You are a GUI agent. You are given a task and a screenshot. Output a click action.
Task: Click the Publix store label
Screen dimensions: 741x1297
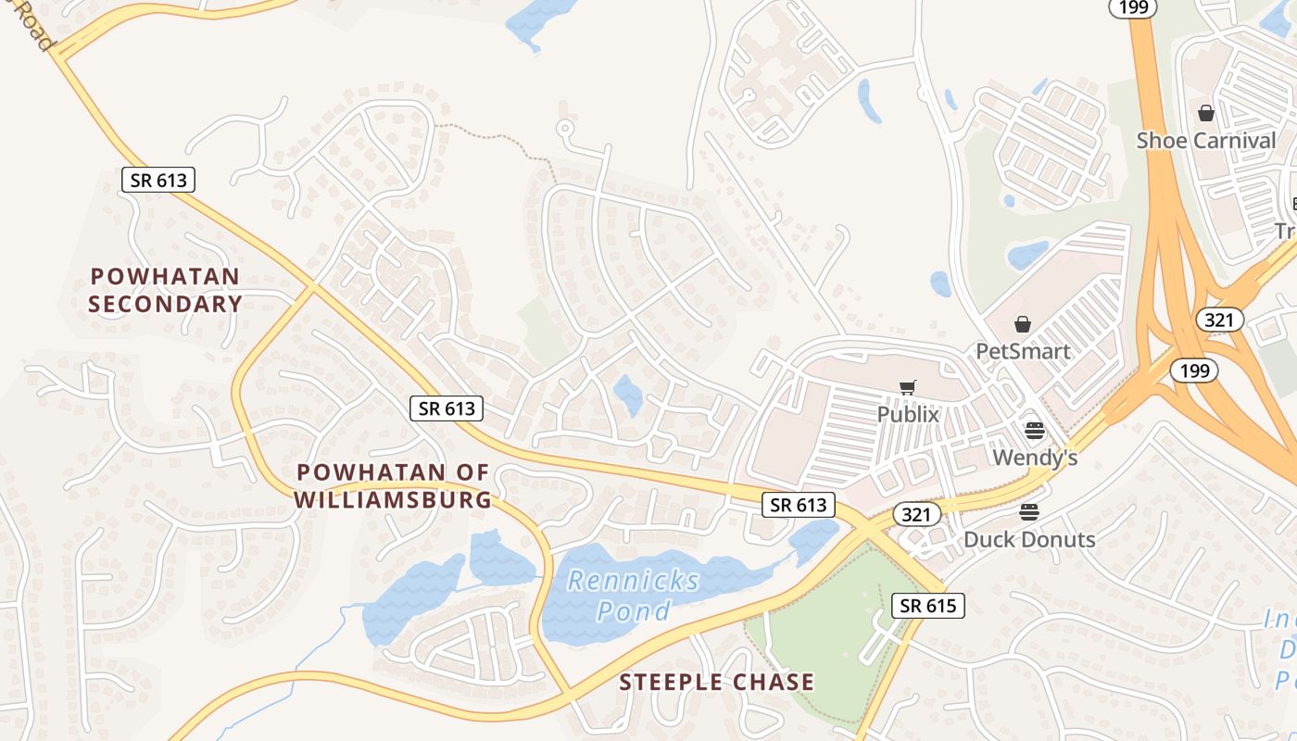[x=908, y=414]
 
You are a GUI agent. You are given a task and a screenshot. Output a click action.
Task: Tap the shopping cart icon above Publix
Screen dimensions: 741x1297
[x=908, y=387]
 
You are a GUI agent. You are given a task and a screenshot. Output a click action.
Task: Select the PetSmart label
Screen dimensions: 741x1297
[x=1023, y=351]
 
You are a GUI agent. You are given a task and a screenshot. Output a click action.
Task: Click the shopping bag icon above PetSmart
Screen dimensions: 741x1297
[x=1023, y=324]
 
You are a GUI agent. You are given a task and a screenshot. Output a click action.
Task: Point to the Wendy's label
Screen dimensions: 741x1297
[x=1035, y=458]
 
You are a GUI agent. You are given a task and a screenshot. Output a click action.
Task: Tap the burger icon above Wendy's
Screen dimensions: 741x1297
[x=1035, y=431]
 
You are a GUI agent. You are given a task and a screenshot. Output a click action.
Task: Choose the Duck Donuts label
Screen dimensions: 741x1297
[x=1029, y=539]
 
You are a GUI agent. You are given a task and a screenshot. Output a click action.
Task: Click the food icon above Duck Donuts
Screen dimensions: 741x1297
[x=1029, y=512]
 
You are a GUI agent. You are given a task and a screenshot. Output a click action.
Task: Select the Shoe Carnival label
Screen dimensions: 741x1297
[x=1206, y=141]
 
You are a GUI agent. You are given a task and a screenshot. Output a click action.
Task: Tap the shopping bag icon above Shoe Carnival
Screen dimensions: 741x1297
[x=1206, y=113]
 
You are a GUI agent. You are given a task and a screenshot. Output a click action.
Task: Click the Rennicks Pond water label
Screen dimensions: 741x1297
[x=634, y=595]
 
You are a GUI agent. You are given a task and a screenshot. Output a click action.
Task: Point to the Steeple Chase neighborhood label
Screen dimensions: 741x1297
[x=717, y=683]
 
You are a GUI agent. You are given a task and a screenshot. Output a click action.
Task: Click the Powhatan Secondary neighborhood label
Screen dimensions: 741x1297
[x=166, y=290]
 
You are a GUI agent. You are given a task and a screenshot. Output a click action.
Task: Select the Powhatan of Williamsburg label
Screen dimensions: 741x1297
[x=394, y=485]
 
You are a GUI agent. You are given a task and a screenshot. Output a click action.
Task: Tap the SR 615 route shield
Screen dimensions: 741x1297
[x=928, y=606]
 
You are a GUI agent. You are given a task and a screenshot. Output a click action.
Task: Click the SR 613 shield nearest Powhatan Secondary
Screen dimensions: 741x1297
[x=158, y=180]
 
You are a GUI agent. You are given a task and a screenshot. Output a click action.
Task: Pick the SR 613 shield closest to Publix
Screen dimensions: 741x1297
[x=799, y=505]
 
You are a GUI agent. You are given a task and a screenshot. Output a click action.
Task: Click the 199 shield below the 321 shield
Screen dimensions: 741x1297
[x=1193, y=370]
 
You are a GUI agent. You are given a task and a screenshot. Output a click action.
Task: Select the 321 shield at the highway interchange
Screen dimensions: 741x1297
[x=1219, y=320]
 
